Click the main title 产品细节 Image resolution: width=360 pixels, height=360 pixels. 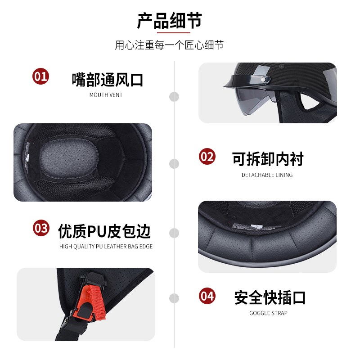170,21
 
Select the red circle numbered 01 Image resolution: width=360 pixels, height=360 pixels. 40,76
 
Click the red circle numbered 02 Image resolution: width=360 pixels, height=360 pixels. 207,157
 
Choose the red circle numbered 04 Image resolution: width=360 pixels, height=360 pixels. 207,296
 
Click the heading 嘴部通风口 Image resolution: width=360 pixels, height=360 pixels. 108,80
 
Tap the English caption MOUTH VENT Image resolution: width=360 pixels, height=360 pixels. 106,95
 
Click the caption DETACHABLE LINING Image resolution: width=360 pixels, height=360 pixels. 267,175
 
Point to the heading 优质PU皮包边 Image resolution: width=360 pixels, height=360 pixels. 104,231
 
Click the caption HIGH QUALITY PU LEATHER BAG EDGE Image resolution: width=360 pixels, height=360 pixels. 106,247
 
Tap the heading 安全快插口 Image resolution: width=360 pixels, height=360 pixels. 270,297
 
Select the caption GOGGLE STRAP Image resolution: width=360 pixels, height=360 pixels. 268,313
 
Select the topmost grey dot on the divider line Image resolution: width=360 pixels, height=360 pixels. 174,96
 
